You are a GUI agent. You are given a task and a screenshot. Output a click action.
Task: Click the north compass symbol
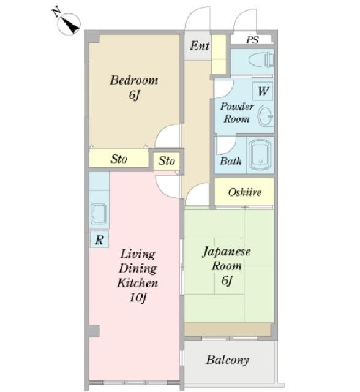coord(68,22)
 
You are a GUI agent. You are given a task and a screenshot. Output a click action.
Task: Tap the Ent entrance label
coord(200,46)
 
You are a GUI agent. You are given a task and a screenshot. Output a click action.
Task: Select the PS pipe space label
coord(252,40)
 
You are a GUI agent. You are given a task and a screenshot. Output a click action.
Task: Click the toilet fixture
coord(261,60)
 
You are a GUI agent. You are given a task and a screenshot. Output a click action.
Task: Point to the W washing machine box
coord(263,91)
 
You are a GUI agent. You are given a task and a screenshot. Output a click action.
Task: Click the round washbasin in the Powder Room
coord(266,116)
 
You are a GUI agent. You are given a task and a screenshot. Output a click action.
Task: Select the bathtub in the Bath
coord(260,155)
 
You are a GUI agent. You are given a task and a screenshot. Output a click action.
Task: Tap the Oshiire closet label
coord(244,192)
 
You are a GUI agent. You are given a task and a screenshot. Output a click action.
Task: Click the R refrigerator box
coord(99,239)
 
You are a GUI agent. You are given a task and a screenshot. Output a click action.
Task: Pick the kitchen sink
coord(99,214)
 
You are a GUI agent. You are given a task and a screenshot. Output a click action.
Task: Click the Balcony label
coord(227,360)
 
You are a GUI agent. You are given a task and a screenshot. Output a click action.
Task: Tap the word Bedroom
coord(134,80)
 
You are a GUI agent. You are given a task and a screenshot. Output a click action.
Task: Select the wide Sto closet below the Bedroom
coord(119,158)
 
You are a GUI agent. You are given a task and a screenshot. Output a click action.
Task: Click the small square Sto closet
coord(167,161)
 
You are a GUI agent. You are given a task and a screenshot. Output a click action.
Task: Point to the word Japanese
coord(226,252)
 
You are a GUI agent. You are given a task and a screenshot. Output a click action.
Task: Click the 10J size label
coord(138,297)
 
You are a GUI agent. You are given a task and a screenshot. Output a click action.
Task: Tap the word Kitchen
coord(137,283)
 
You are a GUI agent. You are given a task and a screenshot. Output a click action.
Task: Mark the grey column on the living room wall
coord(94,331)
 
